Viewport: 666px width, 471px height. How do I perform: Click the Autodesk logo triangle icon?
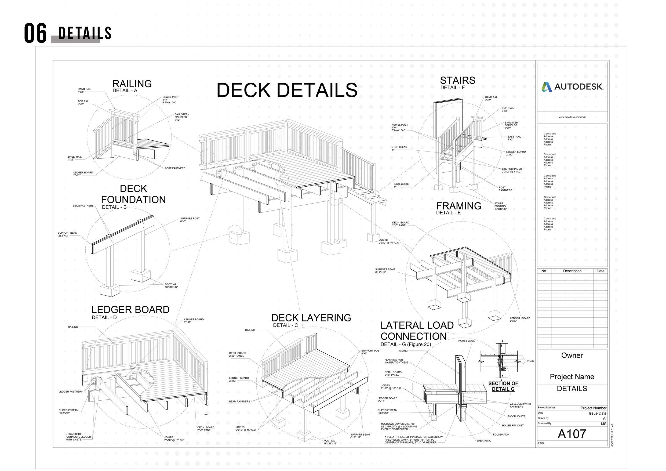coord(547,87)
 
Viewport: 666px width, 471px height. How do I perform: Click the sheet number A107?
coord(572,434)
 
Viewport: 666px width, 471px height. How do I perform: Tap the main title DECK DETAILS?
coord(287,90)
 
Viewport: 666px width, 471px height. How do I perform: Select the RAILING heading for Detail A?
coord(132,84)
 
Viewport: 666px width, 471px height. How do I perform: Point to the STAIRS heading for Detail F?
coord(457,80)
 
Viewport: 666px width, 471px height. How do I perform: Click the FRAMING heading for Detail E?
coord(458,206)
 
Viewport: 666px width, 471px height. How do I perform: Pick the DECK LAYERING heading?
coord(311,318)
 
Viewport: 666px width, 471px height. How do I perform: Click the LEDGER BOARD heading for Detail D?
coord(130,310)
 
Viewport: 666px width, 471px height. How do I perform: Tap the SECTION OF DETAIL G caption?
coord(503,386)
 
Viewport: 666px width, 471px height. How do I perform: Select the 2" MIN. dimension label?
coord(530,361)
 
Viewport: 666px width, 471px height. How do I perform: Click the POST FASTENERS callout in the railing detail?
coord(175,168)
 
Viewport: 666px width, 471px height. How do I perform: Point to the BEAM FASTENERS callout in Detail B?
coord(83,206)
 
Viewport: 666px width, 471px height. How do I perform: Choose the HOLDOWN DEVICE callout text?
coord(399,426)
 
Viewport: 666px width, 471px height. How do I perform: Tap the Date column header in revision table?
coord(600,271)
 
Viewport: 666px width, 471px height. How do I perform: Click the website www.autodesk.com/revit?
coord(572,117)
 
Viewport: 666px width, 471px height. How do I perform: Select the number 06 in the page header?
coord(35,34)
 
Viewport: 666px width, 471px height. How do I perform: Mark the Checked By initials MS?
coord(603,424)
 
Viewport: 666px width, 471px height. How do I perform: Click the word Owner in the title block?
coord(572,356)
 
